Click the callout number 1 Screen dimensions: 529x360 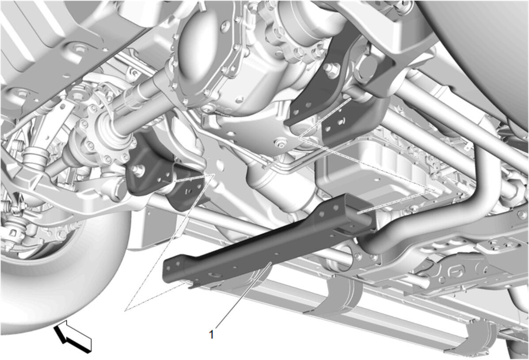pyautogui.click(x=212, y=335)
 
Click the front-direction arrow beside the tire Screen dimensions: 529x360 pyautogui.click(x=72, y=337)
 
